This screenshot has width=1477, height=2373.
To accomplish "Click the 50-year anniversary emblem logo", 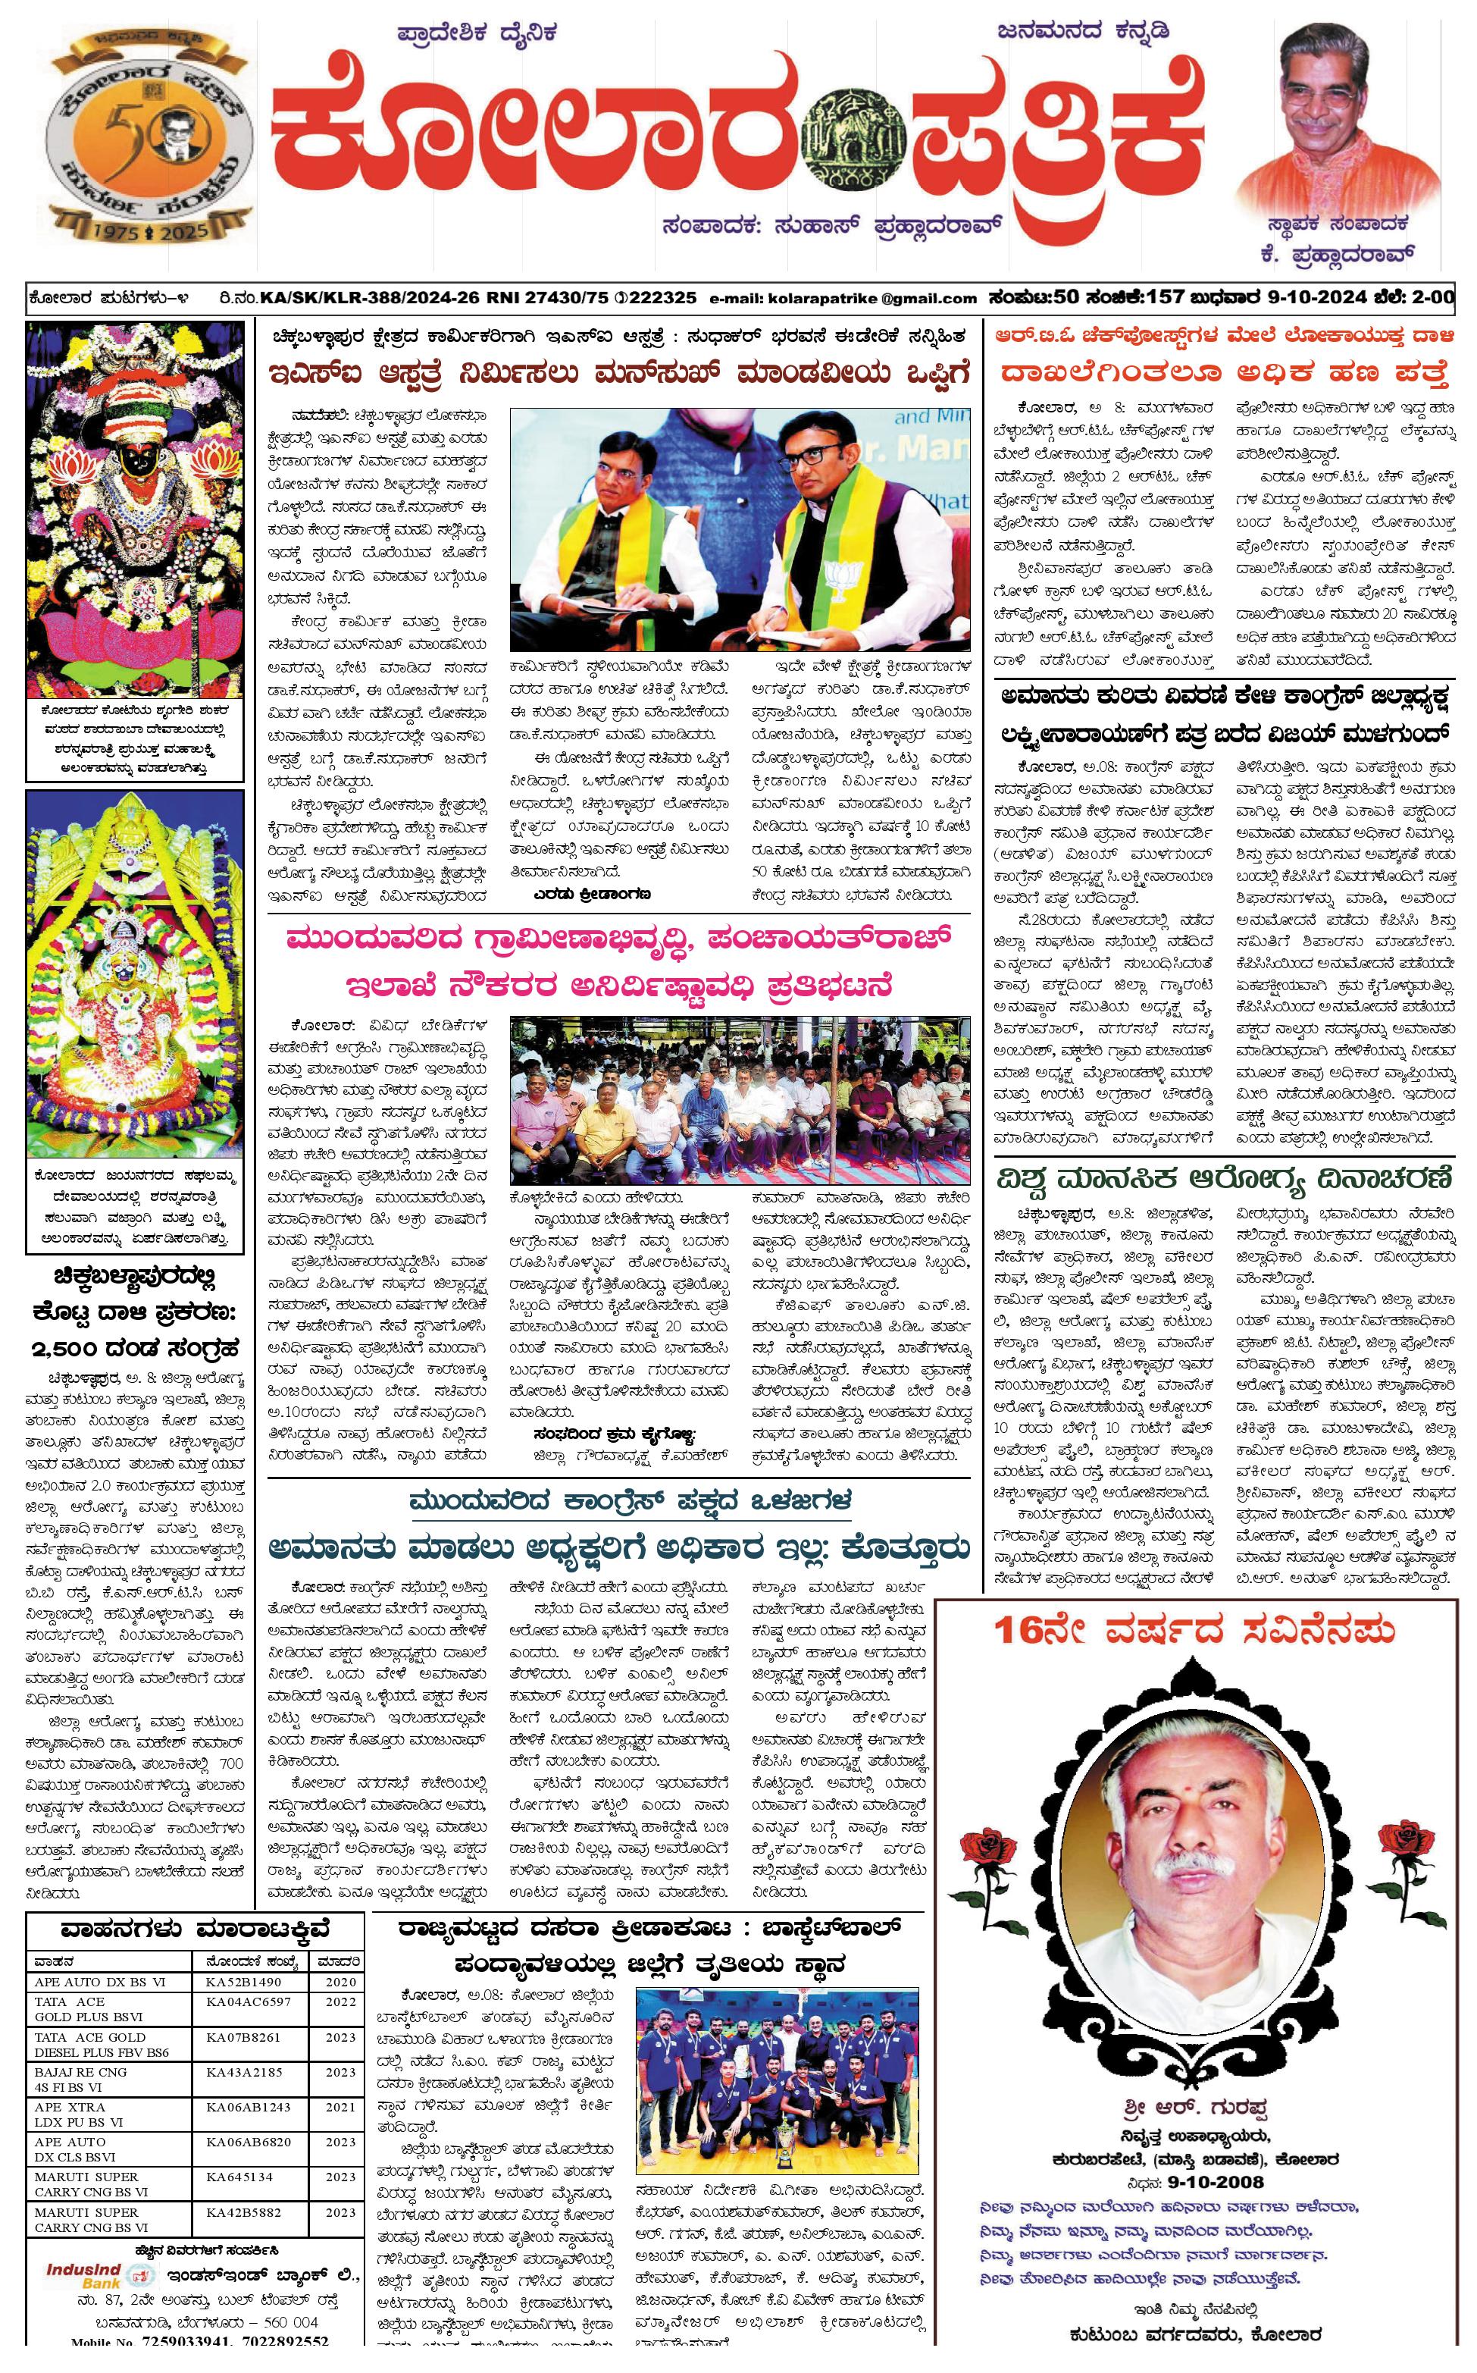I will point(143,136).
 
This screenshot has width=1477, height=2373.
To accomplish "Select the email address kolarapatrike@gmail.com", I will point(842,298).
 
